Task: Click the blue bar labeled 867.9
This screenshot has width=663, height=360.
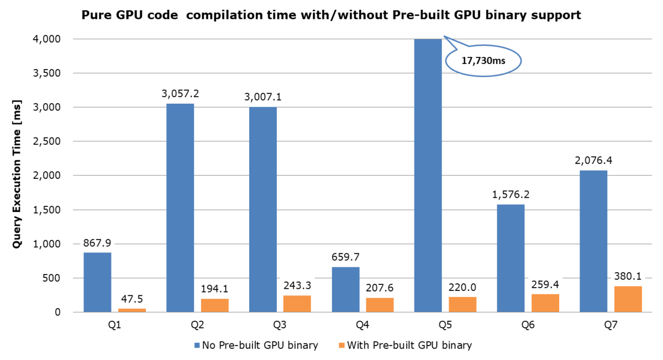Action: coord(97,282)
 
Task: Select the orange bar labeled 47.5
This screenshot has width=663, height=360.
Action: coord(132,310)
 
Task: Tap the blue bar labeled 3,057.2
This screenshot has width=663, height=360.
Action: coord(180,207)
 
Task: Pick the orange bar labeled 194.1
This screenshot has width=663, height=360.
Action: coord(215,305)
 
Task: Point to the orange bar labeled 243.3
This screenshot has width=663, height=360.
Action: coord(297,303)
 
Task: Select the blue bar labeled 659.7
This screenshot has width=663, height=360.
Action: coord(345,289)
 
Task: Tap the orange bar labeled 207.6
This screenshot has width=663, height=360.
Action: coord(380,304)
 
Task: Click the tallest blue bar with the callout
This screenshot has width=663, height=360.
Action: coord(428,176)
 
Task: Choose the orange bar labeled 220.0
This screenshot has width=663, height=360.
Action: coord(462,304)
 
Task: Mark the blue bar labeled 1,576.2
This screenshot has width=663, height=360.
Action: coord(511,258)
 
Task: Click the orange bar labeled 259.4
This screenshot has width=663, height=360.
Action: coord(545,303)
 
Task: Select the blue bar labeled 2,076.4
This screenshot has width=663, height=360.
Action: coord(593,241)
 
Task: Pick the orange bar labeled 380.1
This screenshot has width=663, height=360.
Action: coord(628,299)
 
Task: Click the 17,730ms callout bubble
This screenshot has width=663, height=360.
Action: coord(483,61)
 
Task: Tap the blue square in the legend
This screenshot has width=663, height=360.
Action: coord(197,346)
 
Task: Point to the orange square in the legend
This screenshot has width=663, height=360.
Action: coord(341,346)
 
